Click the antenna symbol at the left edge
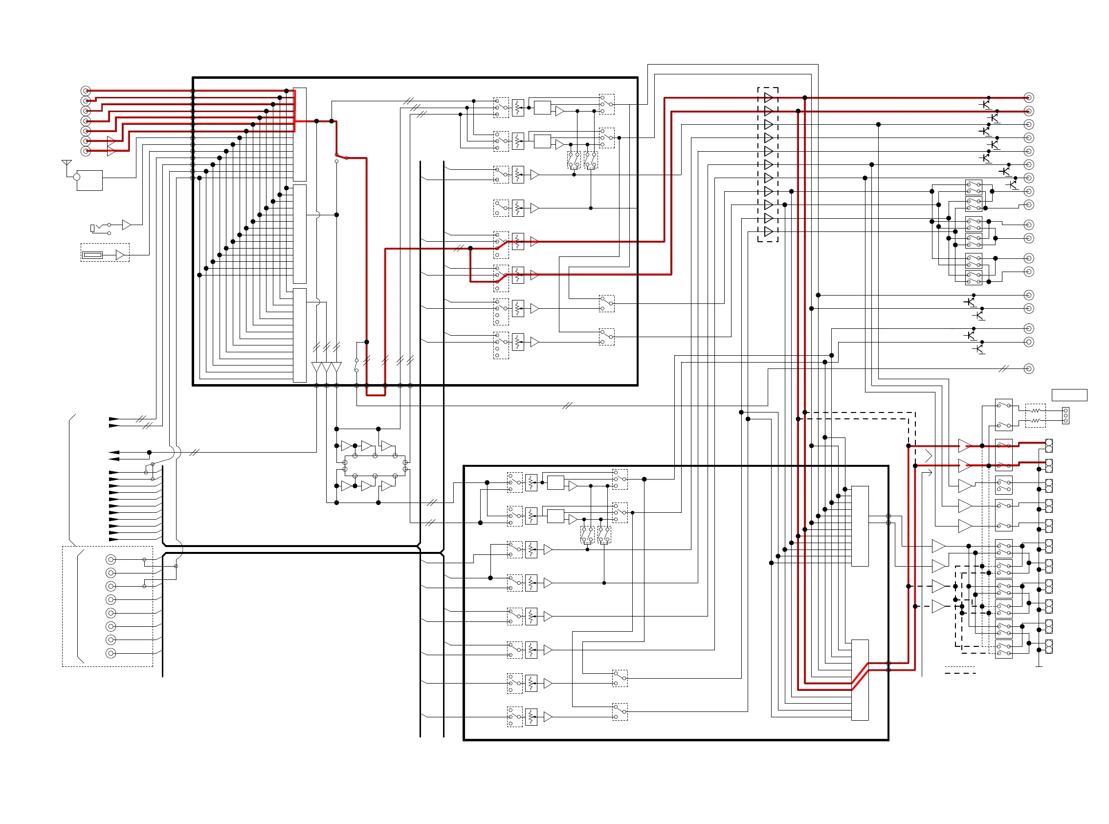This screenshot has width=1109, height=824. tap(67, 163)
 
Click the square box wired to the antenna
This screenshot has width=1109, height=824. tap(89, 180)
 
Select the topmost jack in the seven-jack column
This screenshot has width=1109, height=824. tap(86, 91)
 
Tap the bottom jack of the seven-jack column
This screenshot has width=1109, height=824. tap(86, 151)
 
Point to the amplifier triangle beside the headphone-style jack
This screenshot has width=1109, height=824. tap(127, 225)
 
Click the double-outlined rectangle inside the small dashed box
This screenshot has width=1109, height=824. tap(92, 255)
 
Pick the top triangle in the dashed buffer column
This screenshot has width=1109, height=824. tap(768, 98)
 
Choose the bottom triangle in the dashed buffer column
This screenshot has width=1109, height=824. tap(768, 232)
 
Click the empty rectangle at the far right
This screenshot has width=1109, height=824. tap(1069, 395)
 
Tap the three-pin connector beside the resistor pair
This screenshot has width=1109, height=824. tap(1065, 415)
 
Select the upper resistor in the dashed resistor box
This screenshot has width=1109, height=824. tap(1036, 411)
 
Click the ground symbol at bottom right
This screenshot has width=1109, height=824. tap(1039, 665)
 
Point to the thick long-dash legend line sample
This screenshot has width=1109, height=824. tap(960, 673)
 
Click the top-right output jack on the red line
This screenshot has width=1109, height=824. tap(1029, 98)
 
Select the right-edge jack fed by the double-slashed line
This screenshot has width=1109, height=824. tap(1029, 368)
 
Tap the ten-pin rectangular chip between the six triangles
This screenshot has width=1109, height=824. tap(375, 466)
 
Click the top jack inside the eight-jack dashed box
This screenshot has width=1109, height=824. tap(111, 560)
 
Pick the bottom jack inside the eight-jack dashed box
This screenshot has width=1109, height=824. tap(111, 653)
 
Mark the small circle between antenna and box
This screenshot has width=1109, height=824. tap(77, 177)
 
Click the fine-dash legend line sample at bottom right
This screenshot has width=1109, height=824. tap(960, 667)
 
